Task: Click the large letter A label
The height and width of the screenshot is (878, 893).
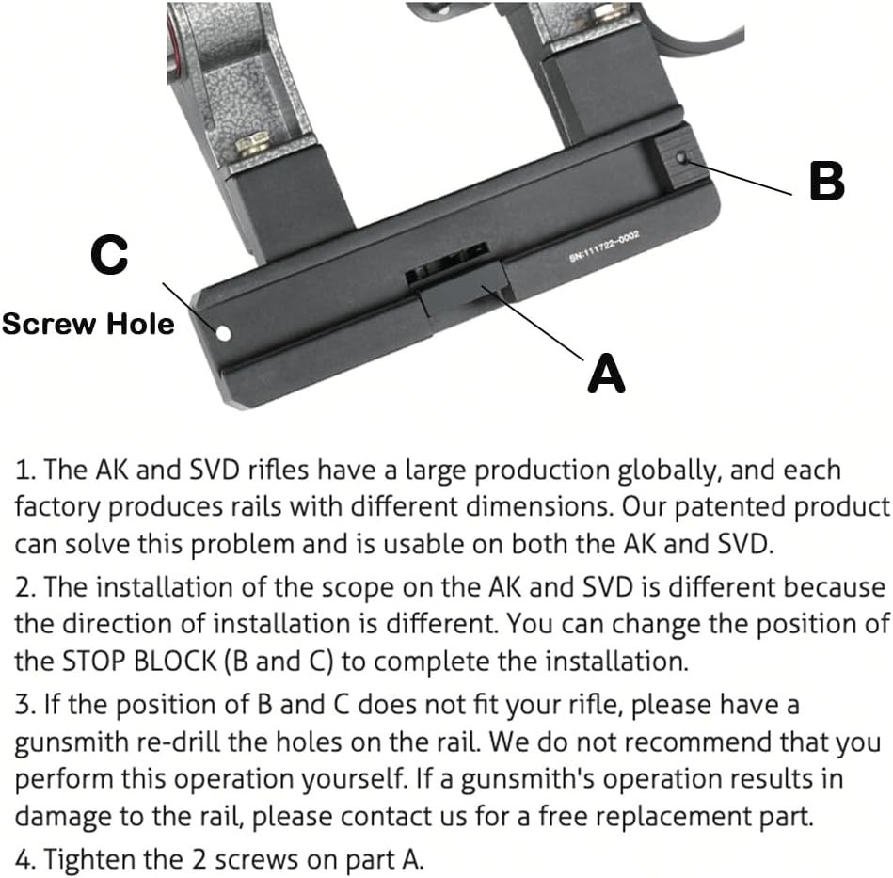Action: tap(606, 374)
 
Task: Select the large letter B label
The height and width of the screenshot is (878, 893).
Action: tap(826, 180)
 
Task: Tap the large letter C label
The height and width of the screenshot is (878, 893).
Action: tap(109, 254)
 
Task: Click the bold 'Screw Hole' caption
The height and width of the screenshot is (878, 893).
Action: tap(88, 324)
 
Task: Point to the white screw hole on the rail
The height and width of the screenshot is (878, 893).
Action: tap(223, 333)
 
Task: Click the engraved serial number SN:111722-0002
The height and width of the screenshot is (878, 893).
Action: tap(604, 246)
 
